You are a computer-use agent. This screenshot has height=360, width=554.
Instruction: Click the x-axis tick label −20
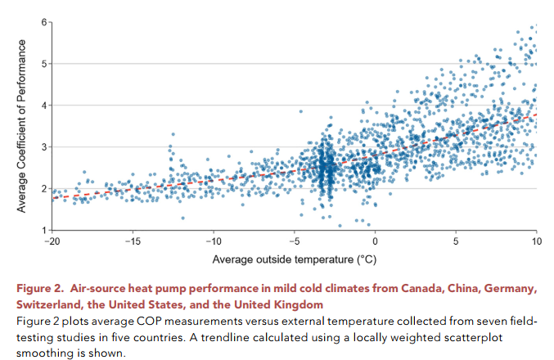tap(52, 243)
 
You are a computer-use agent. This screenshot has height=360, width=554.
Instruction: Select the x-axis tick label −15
tap(133, 243)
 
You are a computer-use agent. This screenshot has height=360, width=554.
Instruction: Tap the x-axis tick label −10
tap(214, 243)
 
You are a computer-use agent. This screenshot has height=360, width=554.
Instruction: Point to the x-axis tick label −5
tap(295, 243)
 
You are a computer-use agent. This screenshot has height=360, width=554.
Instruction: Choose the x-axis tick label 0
tap(376, 243)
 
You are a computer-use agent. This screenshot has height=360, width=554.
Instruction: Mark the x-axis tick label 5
tap(457, 243)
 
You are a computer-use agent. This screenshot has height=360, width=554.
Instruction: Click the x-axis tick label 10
tap(537, 243)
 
